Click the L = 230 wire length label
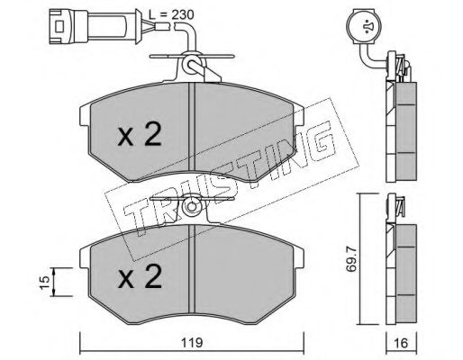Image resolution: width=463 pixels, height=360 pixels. point(171,14)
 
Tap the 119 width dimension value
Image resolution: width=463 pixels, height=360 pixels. point(192,342)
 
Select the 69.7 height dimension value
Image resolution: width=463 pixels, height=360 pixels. point(351,258)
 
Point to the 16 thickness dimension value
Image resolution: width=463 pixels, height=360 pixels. point(401,343)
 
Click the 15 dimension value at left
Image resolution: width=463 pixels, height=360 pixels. point(44,283)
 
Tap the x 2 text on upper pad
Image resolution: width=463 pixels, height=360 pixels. point(140,134)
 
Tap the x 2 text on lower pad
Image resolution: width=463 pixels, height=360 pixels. point(140,276)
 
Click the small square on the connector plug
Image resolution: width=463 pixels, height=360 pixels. point(59,26)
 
